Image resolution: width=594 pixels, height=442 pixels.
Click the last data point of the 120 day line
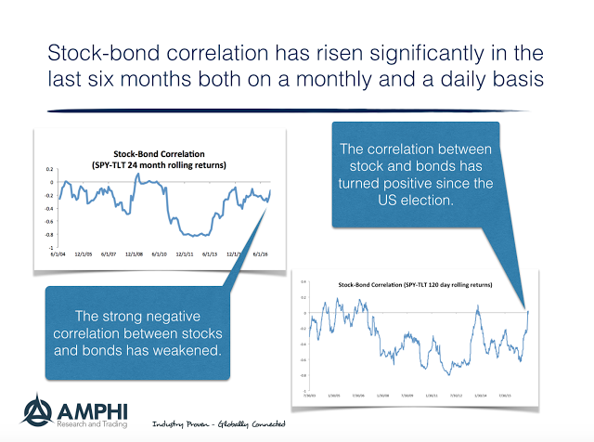click(526, 311)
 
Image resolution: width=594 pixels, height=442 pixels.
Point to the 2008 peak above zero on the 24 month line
click(136, 174)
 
